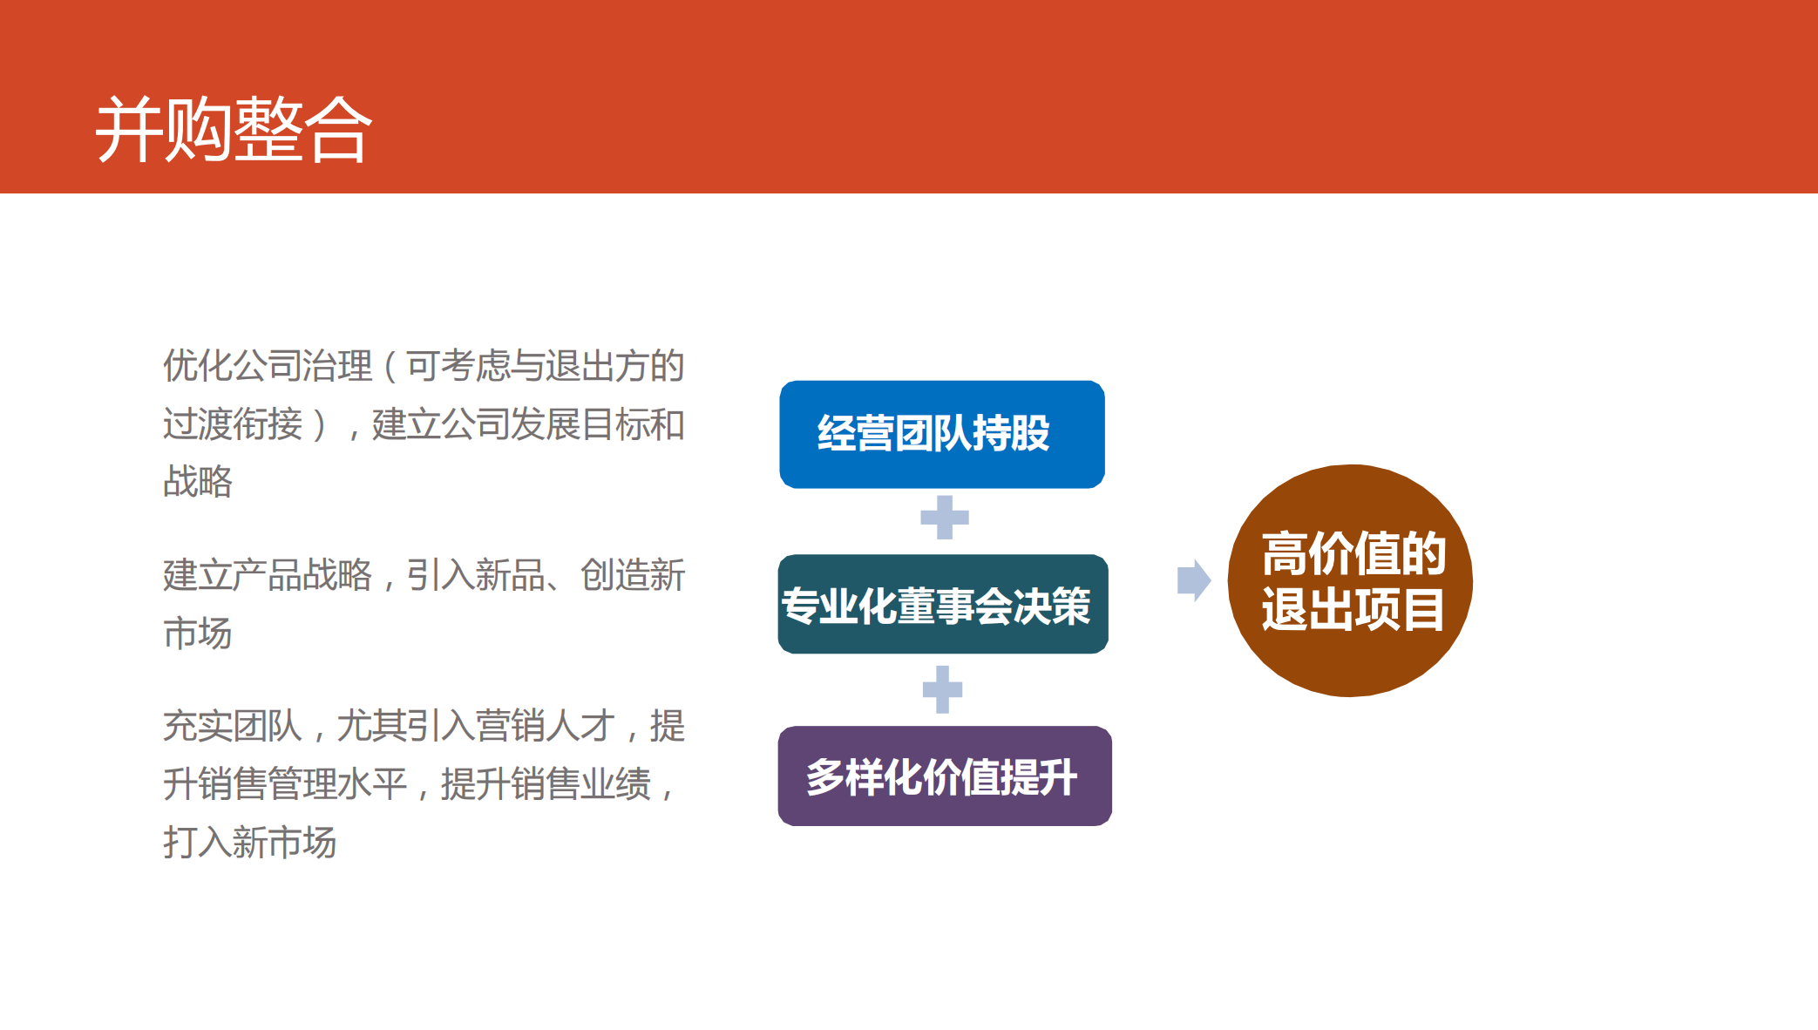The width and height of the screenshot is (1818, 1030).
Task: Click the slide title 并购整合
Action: click(234, 130)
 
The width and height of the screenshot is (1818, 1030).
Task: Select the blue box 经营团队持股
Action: click(942, 434)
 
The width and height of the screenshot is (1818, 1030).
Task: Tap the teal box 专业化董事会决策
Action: click(943, 604)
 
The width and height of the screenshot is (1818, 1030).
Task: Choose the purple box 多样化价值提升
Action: click(945, 776)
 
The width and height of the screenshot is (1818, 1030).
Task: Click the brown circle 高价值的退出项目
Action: click(1350, 580)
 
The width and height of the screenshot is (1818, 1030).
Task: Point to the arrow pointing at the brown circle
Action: click(1194, 580)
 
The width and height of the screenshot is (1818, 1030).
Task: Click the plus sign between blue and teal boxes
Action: click(945, 518)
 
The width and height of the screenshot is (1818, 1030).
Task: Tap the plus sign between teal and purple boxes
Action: click(942, 689)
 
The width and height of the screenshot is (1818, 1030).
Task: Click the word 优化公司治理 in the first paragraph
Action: click(268, 365)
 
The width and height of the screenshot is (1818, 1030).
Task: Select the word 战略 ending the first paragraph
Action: click(198, 481)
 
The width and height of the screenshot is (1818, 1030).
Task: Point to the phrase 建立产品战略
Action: click(268, 575)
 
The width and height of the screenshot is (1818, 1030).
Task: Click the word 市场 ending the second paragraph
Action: click(198, 633)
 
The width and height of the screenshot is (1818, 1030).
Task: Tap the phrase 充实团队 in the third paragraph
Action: click(233, 726)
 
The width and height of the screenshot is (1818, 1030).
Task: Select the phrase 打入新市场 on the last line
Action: click(250, 843)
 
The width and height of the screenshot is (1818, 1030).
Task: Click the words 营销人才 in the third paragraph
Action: click(546, 726)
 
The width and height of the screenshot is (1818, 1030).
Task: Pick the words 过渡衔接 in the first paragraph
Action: click(233, 424)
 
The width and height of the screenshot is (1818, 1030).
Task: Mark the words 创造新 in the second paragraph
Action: click(633, 575)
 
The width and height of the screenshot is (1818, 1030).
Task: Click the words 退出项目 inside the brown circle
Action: click(1353, 609)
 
